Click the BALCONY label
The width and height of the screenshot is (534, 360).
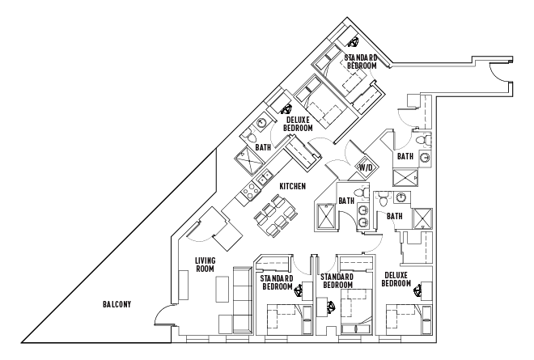(x=117, y=304)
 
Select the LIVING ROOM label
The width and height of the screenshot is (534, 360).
(x=205, y=265)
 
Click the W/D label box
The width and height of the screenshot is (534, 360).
(x=365, y=168)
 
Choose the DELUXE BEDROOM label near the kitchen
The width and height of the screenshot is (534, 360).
(x=299, y=124)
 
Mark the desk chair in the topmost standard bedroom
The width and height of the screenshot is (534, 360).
(x=354, y=42)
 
